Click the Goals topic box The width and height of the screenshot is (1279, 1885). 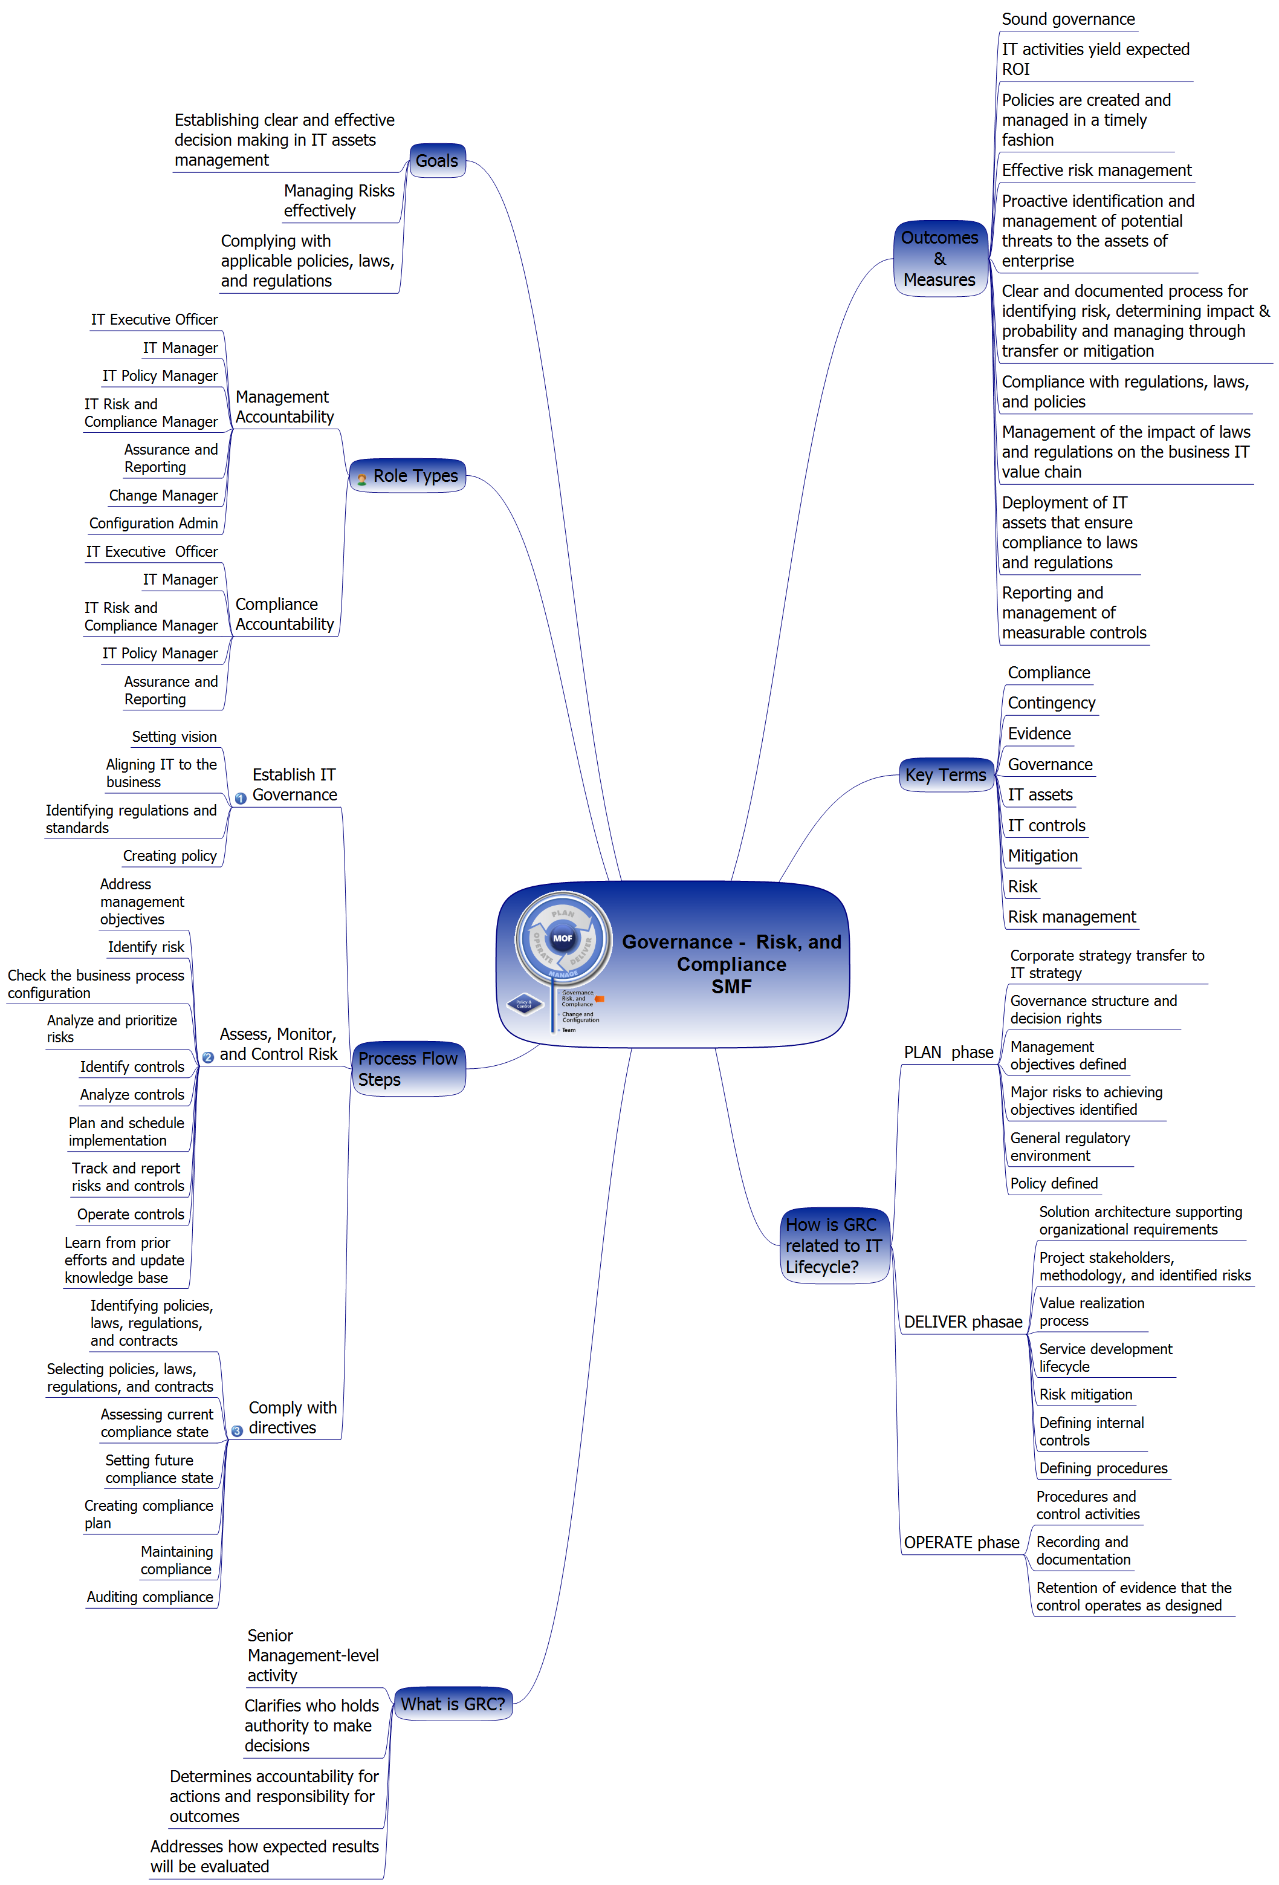436,161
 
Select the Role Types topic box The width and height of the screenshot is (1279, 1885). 408,476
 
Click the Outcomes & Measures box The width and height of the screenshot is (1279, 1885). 939,259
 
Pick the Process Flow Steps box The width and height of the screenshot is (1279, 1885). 408,1069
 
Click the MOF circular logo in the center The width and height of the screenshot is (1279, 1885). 562,938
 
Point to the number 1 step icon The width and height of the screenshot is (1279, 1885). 240,798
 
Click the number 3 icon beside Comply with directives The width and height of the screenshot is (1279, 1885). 237,1431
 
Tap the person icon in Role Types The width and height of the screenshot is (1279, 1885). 361,479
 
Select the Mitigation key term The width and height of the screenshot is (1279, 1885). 1042,855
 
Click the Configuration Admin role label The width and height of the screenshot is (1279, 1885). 154,523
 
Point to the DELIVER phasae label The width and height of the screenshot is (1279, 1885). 963,1322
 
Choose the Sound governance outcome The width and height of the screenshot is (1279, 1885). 1067,19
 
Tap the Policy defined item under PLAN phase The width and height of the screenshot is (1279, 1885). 1054,1183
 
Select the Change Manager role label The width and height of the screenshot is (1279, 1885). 163,496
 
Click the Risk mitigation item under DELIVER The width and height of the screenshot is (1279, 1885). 1085,1394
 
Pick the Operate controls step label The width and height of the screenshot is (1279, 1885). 131,1214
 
